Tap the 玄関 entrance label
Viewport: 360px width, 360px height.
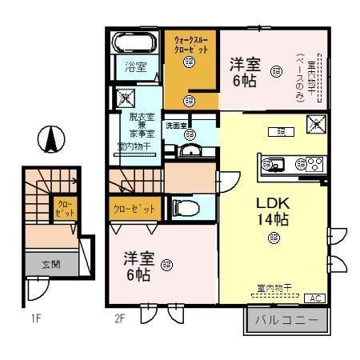tap(50, 263)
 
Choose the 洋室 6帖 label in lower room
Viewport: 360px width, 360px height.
tap(137, 266)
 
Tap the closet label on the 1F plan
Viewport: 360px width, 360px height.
tap(63, 210)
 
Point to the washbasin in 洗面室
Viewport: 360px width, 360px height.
tap(190, 151)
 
